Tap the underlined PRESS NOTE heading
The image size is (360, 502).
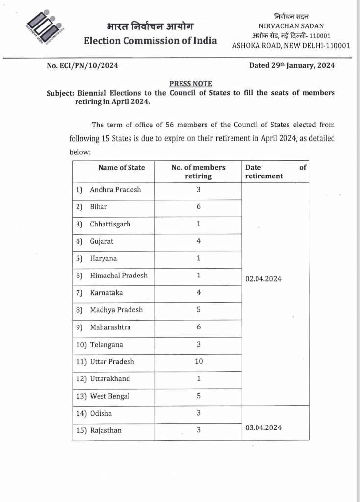[x=191, y=84]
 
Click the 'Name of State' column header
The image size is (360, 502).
[x=121, y=167]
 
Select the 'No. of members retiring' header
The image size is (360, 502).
[x=198, y=172]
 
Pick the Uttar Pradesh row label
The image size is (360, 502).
[x=112, y=362]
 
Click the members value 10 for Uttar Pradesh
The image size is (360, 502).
[x=199, y=362]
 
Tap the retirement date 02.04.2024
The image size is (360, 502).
[x=263, y=279]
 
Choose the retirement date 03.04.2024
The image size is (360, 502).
[x=263, y=427]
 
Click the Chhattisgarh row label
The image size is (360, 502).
[x=110, y=224]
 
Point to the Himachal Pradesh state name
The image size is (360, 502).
[x=118, y=276]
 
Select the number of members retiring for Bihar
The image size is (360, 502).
[x=199, y=207]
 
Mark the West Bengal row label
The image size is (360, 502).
[x=110, y=396]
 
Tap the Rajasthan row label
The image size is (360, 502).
[x=105, y=430]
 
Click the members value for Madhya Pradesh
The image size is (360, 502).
[x=199, y=310]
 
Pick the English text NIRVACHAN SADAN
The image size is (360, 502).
[x=291, y=26]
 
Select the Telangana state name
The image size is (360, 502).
[x=106, y=345]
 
